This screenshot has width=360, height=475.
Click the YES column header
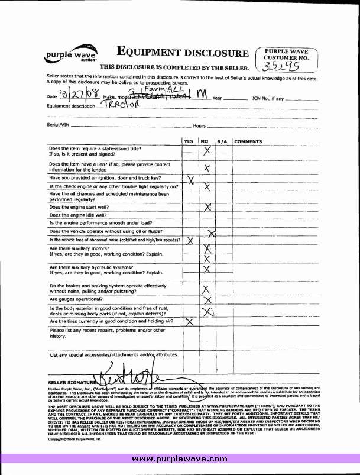(189, 142)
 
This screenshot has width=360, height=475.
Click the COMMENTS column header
(248, 142)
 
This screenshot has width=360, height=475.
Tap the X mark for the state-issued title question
(206, 151)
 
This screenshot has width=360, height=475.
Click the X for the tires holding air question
(190, 322)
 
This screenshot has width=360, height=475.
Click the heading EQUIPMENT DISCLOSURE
(183, 53)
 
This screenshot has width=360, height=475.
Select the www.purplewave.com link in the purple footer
(179, 459)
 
